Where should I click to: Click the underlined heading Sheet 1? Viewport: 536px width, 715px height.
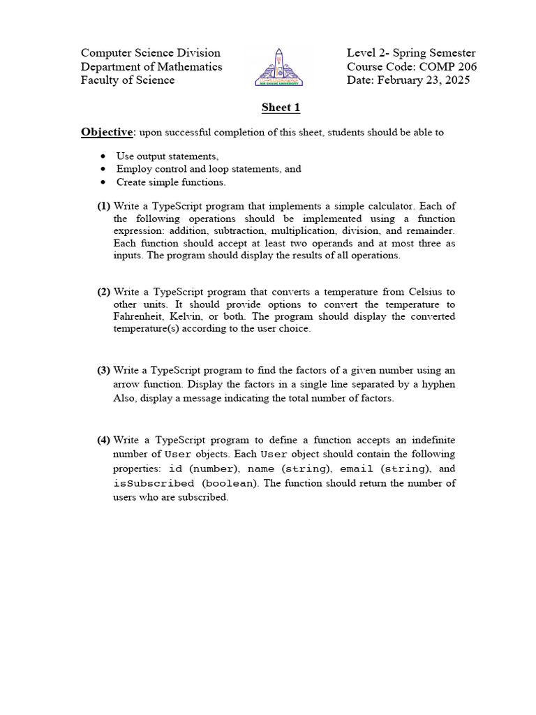point(281,108)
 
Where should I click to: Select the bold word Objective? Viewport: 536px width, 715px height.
point(107,132)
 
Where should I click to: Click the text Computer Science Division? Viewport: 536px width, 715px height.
point(151,53)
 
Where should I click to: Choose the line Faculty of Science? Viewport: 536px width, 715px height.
point(128,80)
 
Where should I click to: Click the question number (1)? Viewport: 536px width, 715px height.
point(103,206)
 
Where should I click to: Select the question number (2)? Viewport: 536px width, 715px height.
point(103,292)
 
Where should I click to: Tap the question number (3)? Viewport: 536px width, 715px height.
point(103,370)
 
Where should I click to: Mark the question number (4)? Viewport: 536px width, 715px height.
point(103,440)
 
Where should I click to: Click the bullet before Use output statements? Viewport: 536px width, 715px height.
point(103,156)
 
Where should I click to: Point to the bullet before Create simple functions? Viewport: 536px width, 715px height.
point(103,182)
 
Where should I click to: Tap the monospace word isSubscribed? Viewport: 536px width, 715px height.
point(154,483)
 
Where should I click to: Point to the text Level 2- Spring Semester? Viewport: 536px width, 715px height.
point(411,53)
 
